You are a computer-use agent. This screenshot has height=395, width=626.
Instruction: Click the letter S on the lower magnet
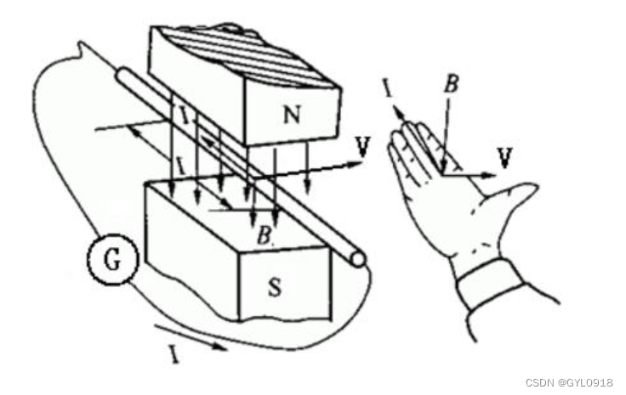point(276,287)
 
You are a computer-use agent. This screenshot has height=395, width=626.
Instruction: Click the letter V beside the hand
point(505,157)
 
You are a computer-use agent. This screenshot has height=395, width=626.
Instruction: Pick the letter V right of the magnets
point(363,146)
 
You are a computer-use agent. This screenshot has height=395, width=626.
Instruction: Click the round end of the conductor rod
point(359,257)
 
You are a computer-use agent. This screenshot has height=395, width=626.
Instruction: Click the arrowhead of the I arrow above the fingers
point(396,108)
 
